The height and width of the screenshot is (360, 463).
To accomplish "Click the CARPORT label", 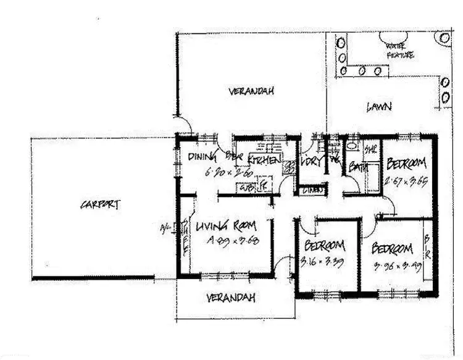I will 99,206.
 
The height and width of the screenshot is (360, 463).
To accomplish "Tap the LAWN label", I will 378,106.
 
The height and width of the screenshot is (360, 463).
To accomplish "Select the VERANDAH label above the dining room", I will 251,91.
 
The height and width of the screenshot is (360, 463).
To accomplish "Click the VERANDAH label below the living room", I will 230,298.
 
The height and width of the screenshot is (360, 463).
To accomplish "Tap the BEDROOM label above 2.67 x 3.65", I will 407,165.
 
